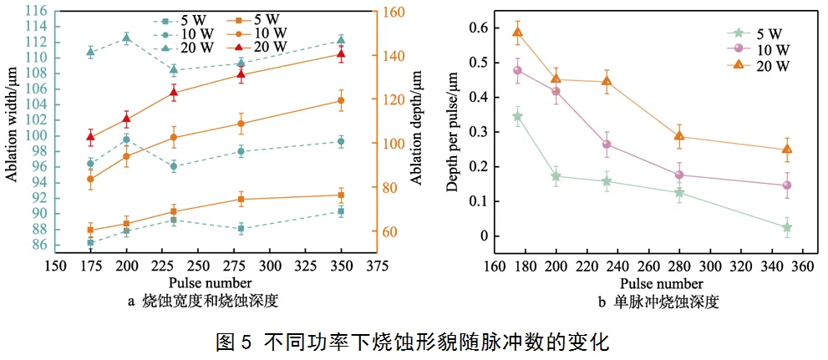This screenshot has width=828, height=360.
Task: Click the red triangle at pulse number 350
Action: (x=341, y=54)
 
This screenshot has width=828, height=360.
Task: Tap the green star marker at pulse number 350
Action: (x=787, y=227)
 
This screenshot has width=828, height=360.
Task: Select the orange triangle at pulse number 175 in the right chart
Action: (x=517, y=33)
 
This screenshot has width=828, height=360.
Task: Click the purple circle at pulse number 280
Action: (x=679, y=175)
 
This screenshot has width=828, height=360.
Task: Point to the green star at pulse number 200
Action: (x=556, y=176)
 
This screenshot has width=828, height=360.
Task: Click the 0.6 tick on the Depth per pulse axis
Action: (x=477, y=28)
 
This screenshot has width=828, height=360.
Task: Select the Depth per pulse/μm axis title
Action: (x=452, y=129)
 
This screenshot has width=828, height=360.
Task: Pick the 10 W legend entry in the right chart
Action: (x=756, y=49)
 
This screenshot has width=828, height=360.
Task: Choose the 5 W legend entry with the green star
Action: (x=756, y=33)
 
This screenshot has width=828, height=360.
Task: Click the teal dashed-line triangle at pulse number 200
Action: (x=126, y=37)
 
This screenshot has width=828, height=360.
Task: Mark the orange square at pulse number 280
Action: (x=241, y=200)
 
